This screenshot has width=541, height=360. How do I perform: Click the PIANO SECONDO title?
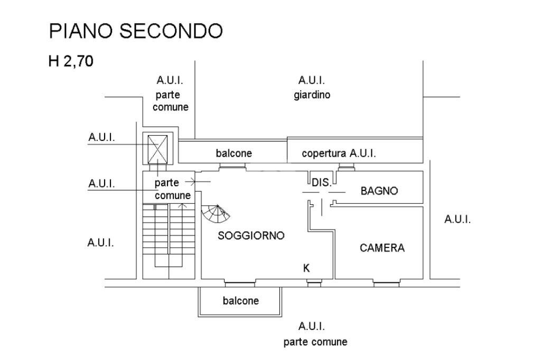(x=136, y=31)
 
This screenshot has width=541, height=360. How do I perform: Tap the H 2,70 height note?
(x=71, y=61)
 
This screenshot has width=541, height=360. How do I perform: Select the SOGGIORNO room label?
(x=251, y=235)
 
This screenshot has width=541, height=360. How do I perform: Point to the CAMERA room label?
(x=382, y=248)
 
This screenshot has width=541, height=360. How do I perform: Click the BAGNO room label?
(x=379, y=191)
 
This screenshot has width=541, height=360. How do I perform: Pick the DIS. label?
(x=322, y=183)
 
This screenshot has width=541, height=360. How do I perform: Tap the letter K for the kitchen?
(x=306, y=268)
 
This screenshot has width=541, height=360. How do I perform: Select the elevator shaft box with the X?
(x=157, y=149)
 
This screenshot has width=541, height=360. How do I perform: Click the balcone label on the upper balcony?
(x=234, y=153)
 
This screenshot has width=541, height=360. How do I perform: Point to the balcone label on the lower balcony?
(x=241, y=301)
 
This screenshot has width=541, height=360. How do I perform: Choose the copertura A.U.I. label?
(x=339, y=153)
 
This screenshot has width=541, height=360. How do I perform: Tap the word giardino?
(x=312, y=95)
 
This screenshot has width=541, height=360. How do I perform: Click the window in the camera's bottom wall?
(x=386, y=284)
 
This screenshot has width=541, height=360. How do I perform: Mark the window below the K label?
(x=314, y=284)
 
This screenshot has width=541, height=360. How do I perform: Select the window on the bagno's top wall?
(x=347, y=167)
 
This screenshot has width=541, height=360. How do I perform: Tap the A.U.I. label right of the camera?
(x=458, y=219)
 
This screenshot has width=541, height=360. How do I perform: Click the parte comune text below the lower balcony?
(x=315, y=342)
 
